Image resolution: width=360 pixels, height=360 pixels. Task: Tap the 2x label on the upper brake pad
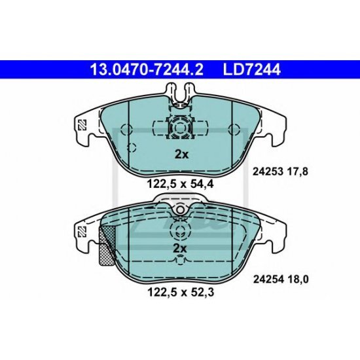180,155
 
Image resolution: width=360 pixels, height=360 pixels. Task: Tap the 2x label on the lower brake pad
180,249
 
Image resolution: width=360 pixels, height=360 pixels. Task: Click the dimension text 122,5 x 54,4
180,185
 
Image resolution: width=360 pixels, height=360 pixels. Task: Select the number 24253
266,172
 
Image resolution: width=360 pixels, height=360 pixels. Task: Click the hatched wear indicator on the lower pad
105,243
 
